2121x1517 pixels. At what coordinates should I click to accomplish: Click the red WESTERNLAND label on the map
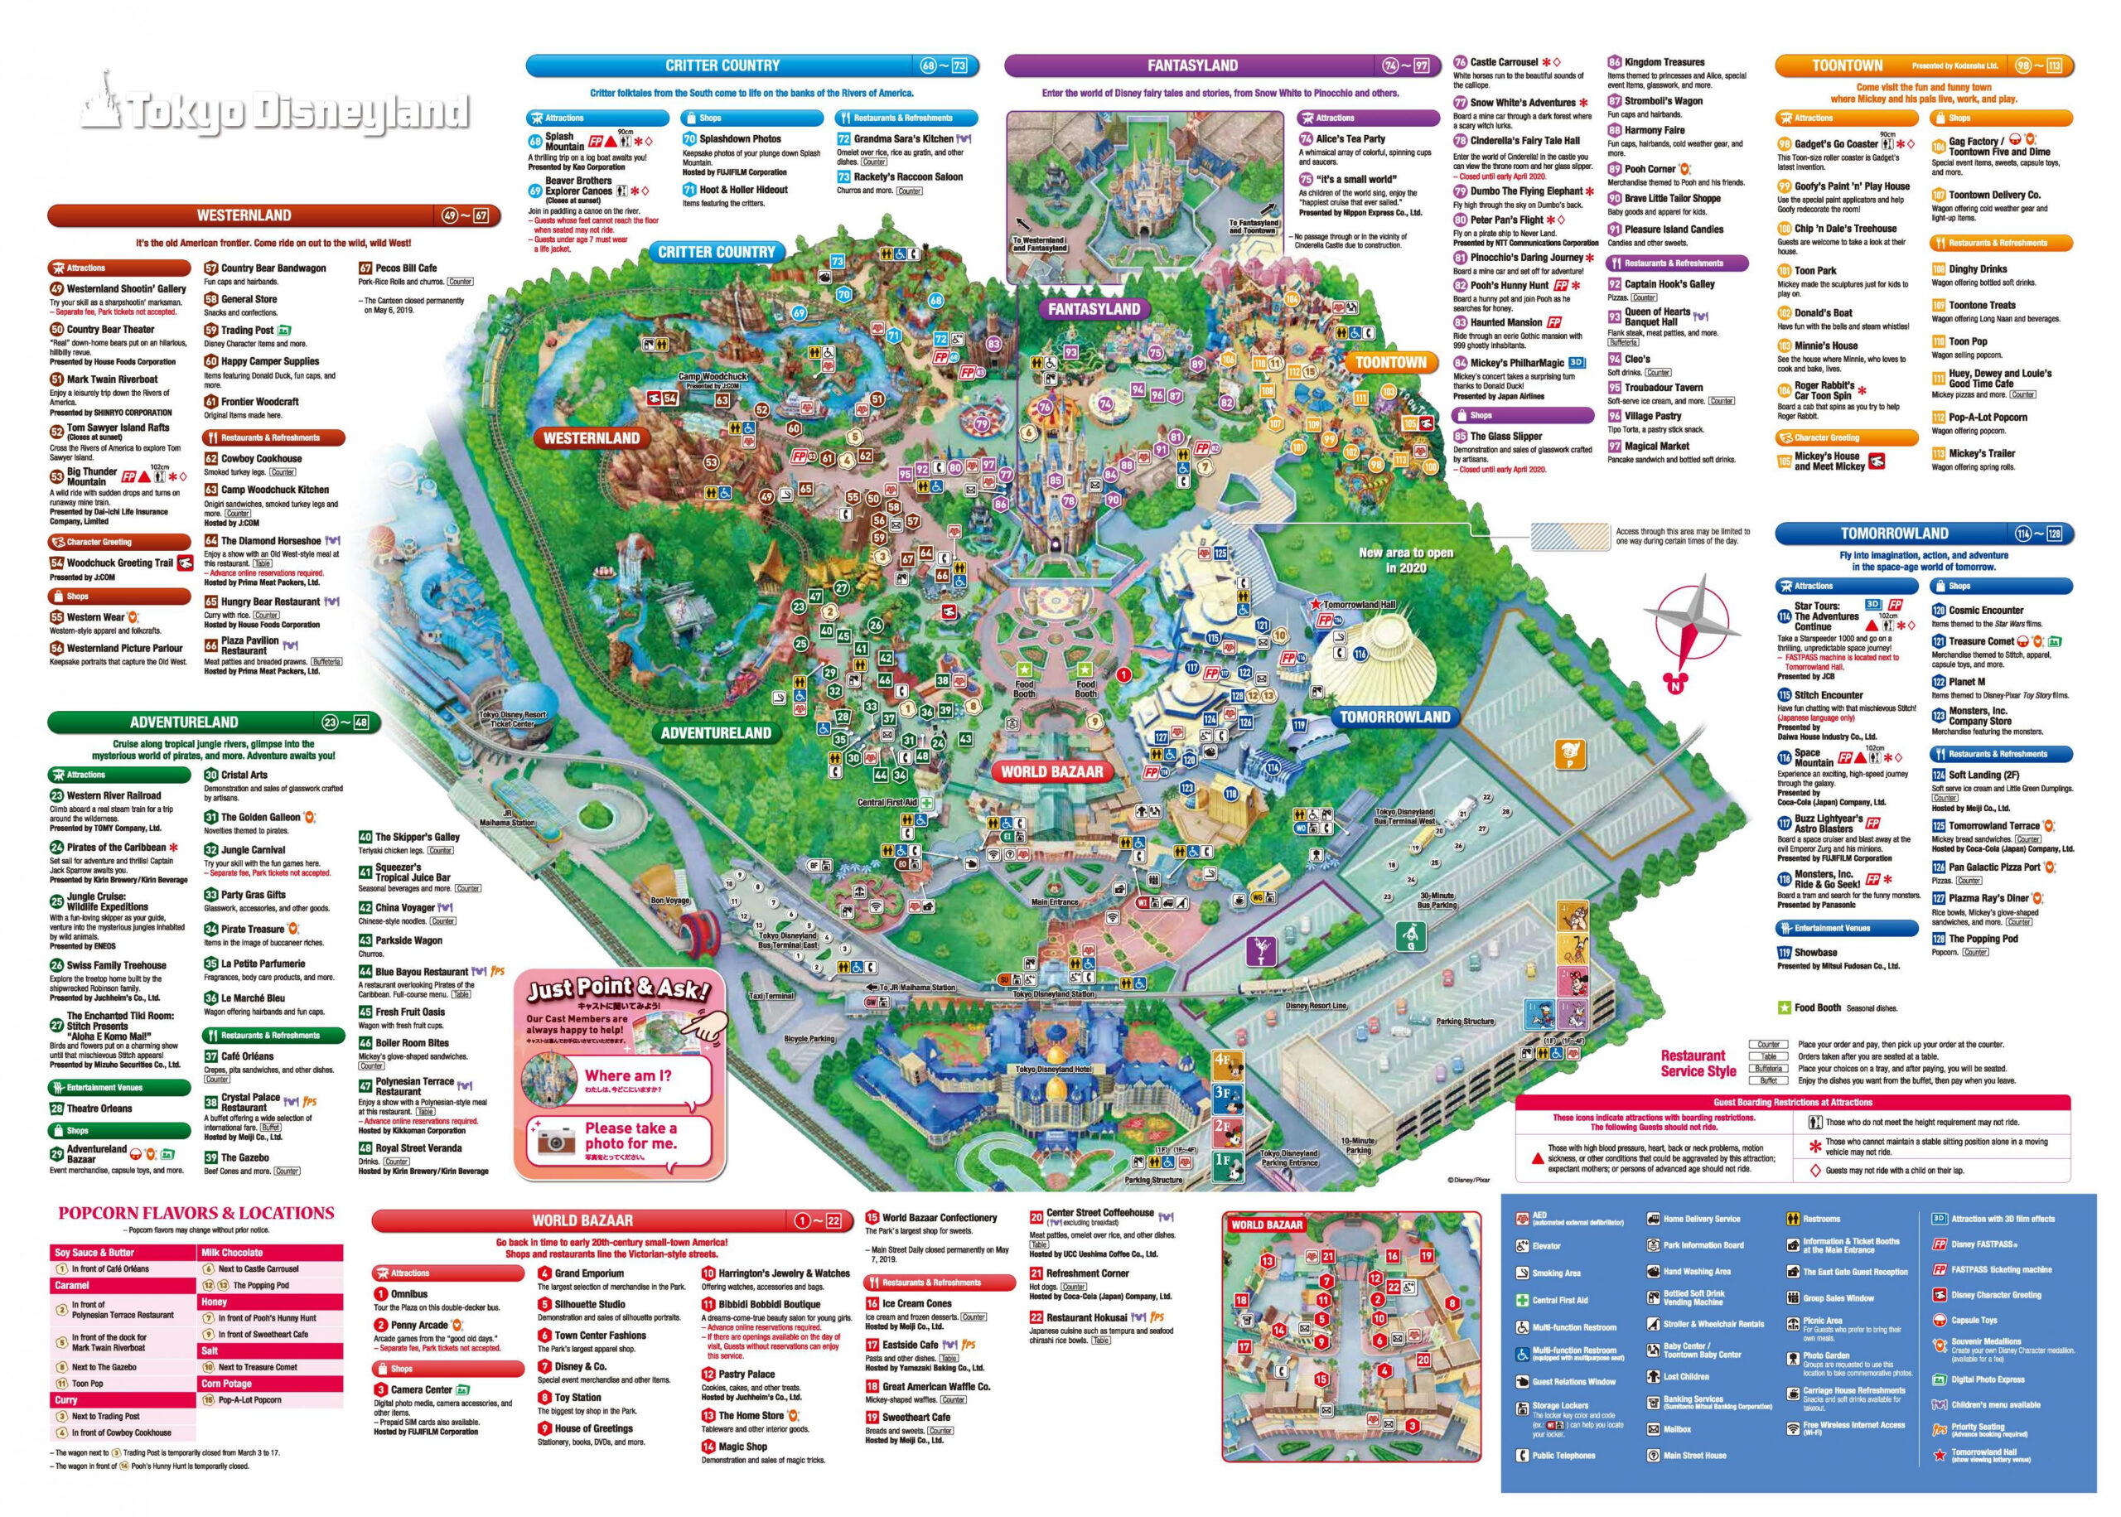click(592, 438)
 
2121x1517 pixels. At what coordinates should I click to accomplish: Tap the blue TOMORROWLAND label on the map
click(1394, 717)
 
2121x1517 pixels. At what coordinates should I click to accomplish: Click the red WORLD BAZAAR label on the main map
click(1051, 771)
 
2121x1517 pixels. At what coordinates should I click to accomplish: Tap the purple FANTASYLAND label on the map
click(1093, 309)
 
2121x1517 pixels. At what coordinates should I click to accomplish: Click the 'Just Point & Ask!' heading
click(618, 989)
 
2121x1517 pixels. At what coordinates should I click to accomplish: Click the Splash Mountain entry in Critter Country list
click(565, 141)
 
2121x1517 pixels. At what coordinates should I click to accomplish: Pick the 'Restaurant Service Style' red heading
click(1697, 1063)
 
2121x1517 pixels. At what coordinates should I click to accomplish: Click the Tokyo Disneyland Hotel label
click(1051, 1070)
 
